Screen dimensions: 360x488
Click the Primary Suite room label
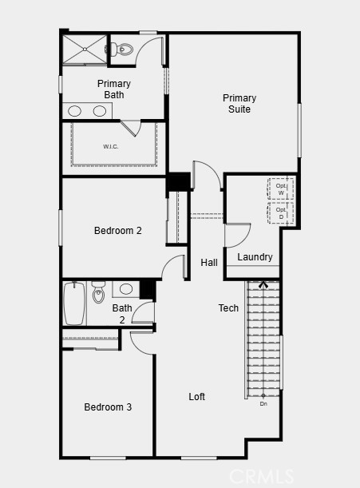(x=239, y=104)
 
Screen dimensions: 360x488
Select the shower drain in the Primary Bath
(x=85, y=50)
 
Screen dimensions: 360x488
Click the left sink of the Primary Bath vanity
(x=75, y=111)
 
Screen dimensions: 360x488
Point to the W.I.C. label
(x=111, y=147)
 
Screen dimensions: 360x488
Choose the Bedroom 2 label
(x=118, y=231)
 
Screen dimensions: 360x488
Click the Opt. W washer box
(x=281, y=188)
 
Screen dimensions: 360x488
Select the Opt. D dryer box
(x=281, y=213)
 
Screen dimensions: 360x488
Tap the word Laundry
(x=255, y=257)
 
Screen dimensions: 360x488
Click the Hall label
(x=209, y=263)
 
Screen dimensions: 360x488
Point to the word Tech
(x=228, y=308)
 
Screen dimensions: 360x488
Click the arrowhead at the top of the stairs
(x=263, y=284)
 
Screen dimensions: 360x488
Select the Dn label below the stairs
(x=263, y=404)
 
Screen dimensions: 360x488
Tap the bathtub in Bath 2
(x=74, y=304)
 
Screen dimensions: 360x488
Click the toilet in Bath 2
(x=99, y=292)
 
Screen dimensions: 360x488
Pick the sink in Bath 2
(x=126, y=289)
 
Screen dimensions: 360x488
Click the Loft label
(x=197, y=397)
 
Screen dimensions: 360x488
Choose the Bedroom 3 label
(x=108, y=407)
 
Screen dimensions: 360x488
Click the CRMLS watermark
(x=261, y=476)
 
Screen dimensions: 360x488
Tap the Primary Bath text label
(x=114, y=89)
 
